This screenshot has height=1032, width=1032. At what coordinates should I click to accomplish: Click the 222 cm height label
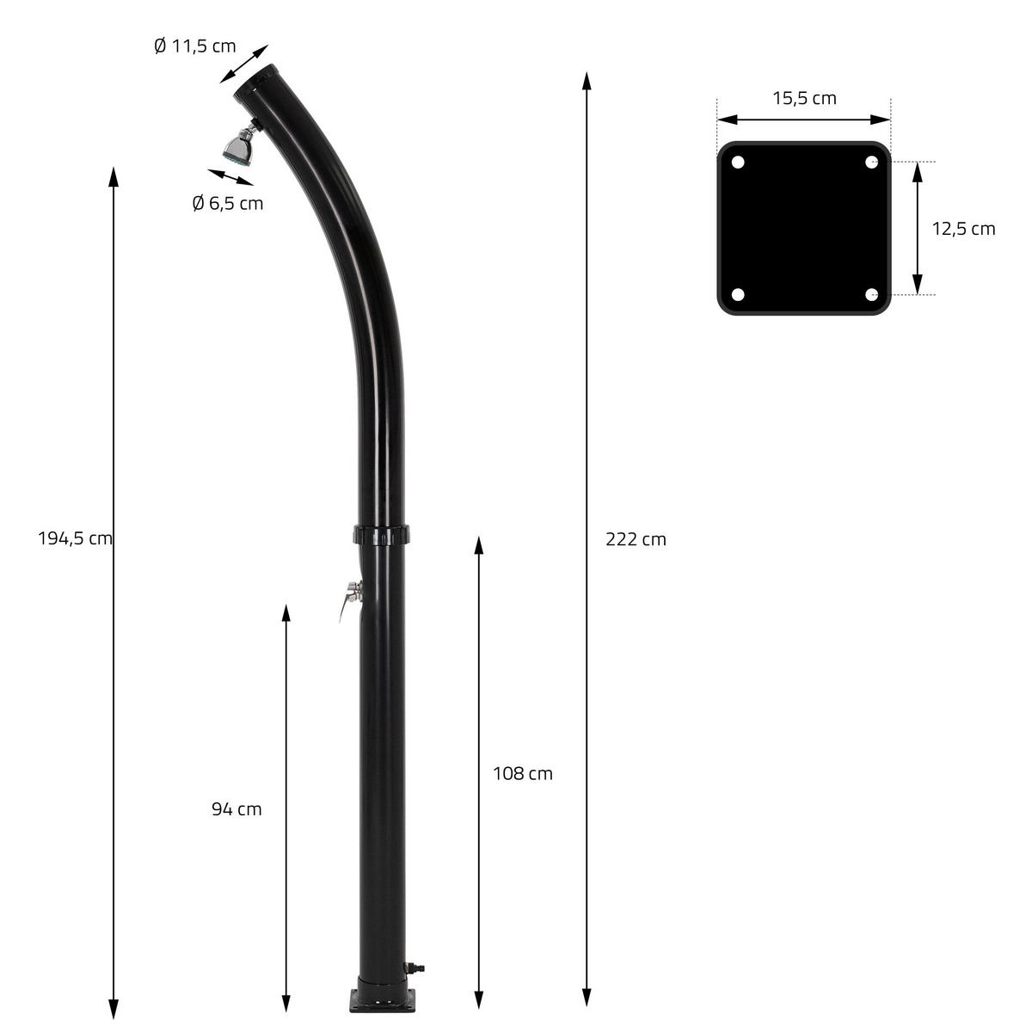coord(636,540)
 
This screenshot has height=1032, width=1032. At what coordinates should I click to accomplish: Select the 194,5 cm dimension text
coord(75,539)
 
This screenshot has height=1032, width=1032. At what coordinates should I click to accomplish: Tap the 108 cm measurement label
coord(523,773)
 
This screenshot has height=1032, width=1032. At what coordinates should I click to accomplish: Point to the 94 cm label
coord(236,808)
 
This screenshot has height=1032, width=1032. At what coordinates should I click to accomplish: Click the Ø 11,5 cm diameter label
coord(194,46)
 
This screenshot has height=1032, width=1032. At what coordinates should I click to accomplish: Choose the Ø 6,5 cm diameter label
coord(228,203)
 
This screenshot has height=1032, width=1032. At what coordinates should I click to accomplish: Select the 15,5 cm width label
coord(804,98)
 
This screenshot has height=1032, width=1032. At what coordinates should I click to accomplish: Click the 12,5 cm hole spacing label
coord(964,229)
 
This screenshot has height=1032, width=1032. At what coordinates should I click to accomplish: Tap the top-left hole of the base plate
coord(737,162)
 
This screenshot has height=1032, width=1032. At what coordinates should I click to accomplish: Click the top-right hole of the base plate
coord(871,162)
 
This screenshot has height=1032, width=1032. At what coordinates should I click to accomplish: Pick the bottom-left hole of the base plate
coord(737,295)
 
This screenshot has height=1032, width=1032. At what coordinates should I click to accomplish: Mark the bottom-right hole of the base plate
coord(871,295)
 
